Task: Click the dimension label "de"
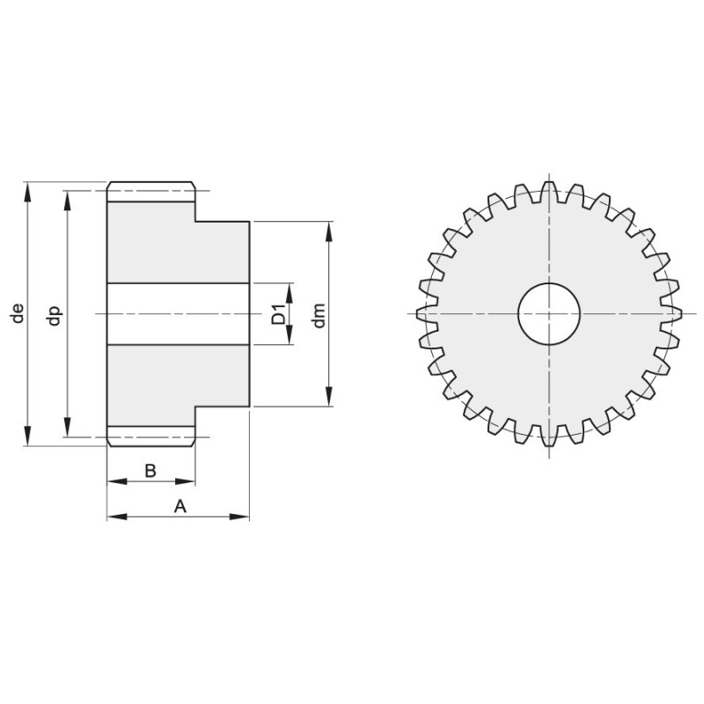click(18, 313)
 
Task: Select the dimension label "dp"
click(55, 315)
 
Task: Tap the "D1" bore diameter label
click(278, 314)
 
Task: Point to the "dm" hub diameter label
click(319, 316)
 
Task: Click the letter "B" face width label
click(150, 471)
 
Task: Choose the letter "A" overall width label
click(180, 506)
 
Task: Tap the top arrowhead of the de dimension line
click(28, 192)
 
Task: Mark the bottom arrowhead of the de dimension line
click(28, 436)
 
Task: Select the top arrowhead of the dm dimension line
click(329, 231)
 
